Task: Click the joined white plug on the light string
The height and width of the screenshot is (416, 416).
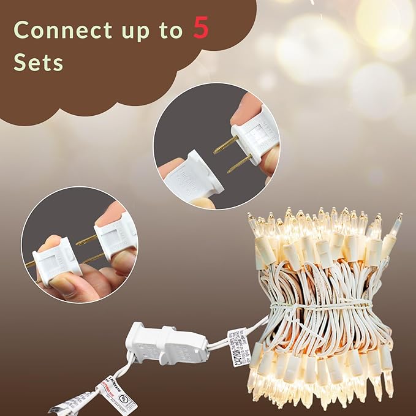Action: [165, 346]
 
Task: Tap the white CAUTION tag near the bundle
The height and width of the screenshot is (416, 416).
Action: [238, 347]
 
